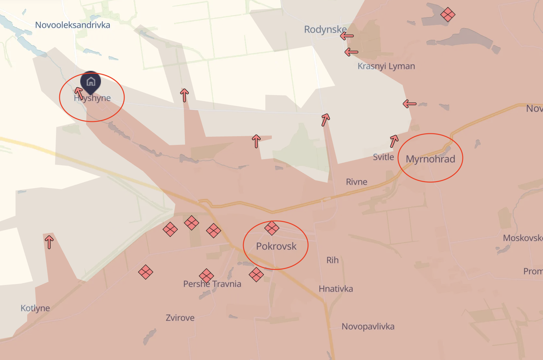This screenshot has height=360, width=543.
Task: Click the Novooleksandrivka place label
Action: [x=72, y=25]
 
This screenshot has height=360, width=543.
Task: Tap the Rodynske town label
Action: [x=325, y=29]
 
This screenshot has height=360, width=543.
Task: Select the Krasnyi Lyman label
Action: [x=386, y=66]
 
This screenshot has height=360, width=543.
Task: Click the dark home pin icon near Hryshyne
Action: [x=91, y=82]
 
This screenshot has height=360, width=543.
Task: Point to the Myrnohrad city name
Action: [x=430, y=159]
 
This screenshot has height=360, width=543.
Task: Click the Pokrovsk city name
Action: [x=276, y=246]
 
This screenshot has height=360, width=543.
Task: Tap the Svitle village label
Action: [x=383, y=157]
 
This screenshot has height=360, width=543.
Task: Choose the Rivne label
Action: [x=356, y=182]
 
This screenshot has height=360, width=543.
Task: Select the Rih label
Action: [x=332, y=260]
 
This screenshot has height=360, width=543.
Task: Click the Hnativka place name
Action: [x=336, y=289]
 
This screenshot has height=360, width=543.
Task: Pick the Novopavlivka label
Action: [x=368, y=326]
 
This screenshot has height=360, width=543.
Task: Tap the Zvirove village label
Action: [x=180, y=318]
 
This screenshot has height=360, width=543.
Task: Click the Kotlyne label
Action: [x=35, y=308]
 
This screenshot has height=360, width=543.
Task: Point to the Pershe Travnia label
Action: [x=212, y=284]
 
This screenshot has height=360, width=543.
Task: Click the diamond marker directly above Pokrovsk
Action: [x=271, y=228]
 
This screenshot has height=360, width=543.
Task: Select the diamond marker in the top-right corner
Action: [x=448, y=14]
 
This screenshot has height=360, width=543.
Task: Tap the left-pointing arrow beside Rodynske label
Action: [x=347, y=36]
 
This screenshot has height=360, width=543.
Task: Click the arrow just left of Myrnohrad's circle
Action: [x=394, y=141]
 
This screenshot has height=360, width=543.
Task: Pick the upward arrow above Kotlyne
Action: [x=49, y=242]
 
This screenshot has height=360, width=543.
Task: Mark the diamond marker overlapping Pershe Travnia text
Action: [x=206, y=276]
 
